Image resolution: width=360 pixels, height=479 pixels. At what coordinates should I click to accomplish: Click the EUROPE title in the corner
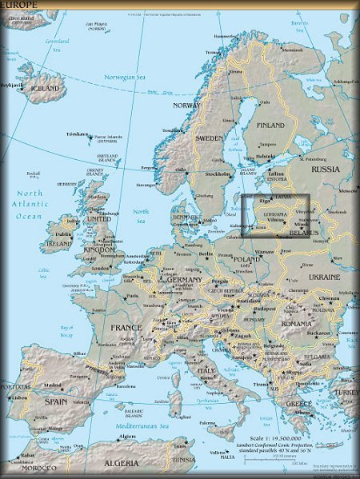(x=18, y=4)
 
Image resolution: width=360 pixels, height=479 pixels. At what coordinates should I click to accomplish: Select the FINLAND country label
(x=270, y=126)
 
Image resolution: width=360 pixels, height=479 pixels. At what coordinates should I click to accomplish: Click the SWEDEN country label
(x=210, y=138)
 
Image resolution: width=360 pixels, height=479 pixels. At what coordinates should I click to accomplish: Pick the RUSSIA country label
(x=325, y=169)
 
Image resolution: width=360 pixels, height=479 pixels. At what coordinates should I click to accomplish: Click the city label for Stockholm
(x=218, y=174)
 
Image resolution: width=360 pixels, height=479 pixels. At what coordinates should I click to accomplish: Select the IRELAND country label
(x=58, y=243)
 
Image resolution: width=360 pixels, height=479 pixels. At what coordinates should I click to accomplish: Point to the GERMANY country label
(x=183, y=280)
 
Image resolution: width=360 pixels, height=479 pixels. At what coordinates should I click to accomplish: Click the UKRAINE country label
(x=324, y=277)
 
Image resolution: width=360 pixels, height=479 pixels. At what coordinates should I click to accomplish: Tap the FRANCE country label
(x=126, y=328)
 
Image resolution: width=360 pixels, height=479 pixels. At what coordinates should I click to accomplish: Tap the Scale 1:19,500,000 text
(x=274, y=438)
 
